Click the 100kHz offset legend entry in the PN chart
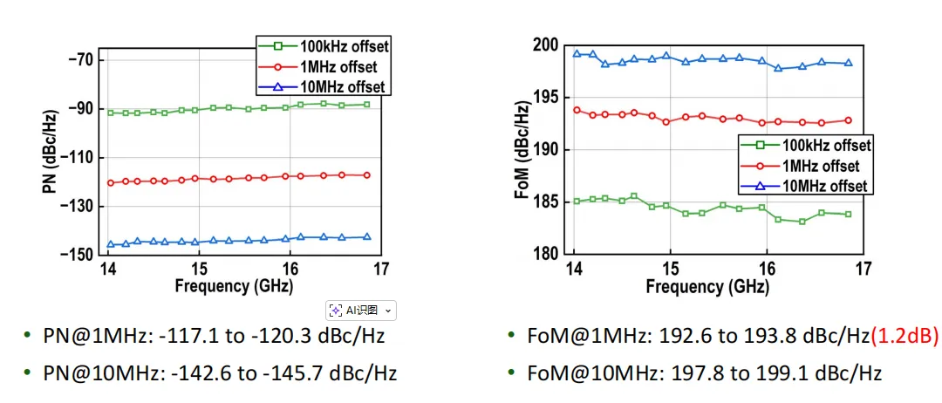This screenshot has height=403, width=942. click(x=324, y=45)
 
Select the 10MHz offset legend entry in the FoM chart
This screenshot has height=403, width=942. click(x=806, y=186)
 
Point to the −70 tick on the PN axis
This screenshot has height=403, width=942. click(x=78, y=59)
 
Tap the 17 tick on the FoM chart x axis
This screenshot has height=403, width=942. click(x=863, y=269)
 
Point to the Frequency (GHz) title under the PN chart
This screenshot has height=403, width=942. click(x=235, y=286)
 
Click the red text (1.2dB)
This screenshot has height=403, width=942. click(x=904, y=337)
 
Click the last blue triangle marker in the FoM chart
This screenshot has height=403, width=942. click(x=849, y=63)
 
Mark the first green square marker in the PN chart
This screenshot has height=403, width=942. click(x=110, y=113)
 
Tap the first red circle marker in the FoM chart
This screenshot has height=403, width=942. click(x=577, y=110)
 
